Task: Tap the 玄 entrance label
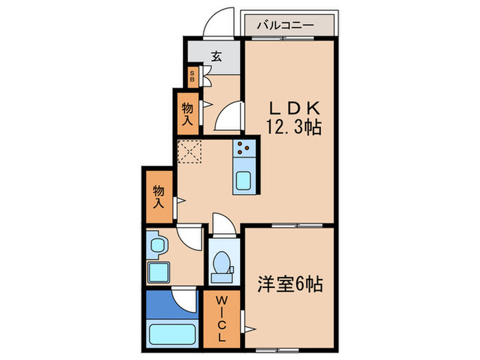[x=215, y=56]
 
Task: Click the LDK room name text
[x=293, y=108]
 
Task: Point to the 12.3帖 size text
[x=293, y=126]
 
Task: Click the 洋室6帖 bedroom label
[x=291, y=283]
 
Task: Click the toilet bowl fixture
[x=221, y=264]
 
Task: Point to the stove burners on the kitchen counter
[x=244, y=147]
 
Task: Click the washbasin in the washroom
[x=157, y=245]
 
